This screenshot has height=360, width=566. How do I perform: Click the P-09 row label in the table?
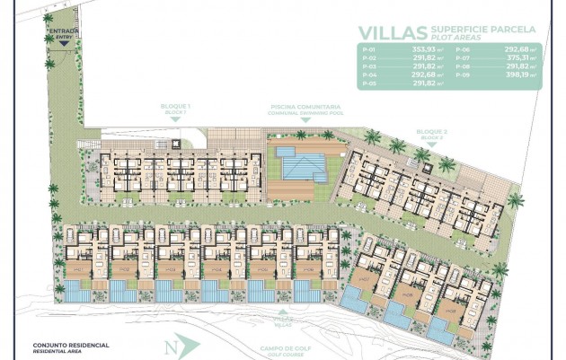point(460,75)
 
